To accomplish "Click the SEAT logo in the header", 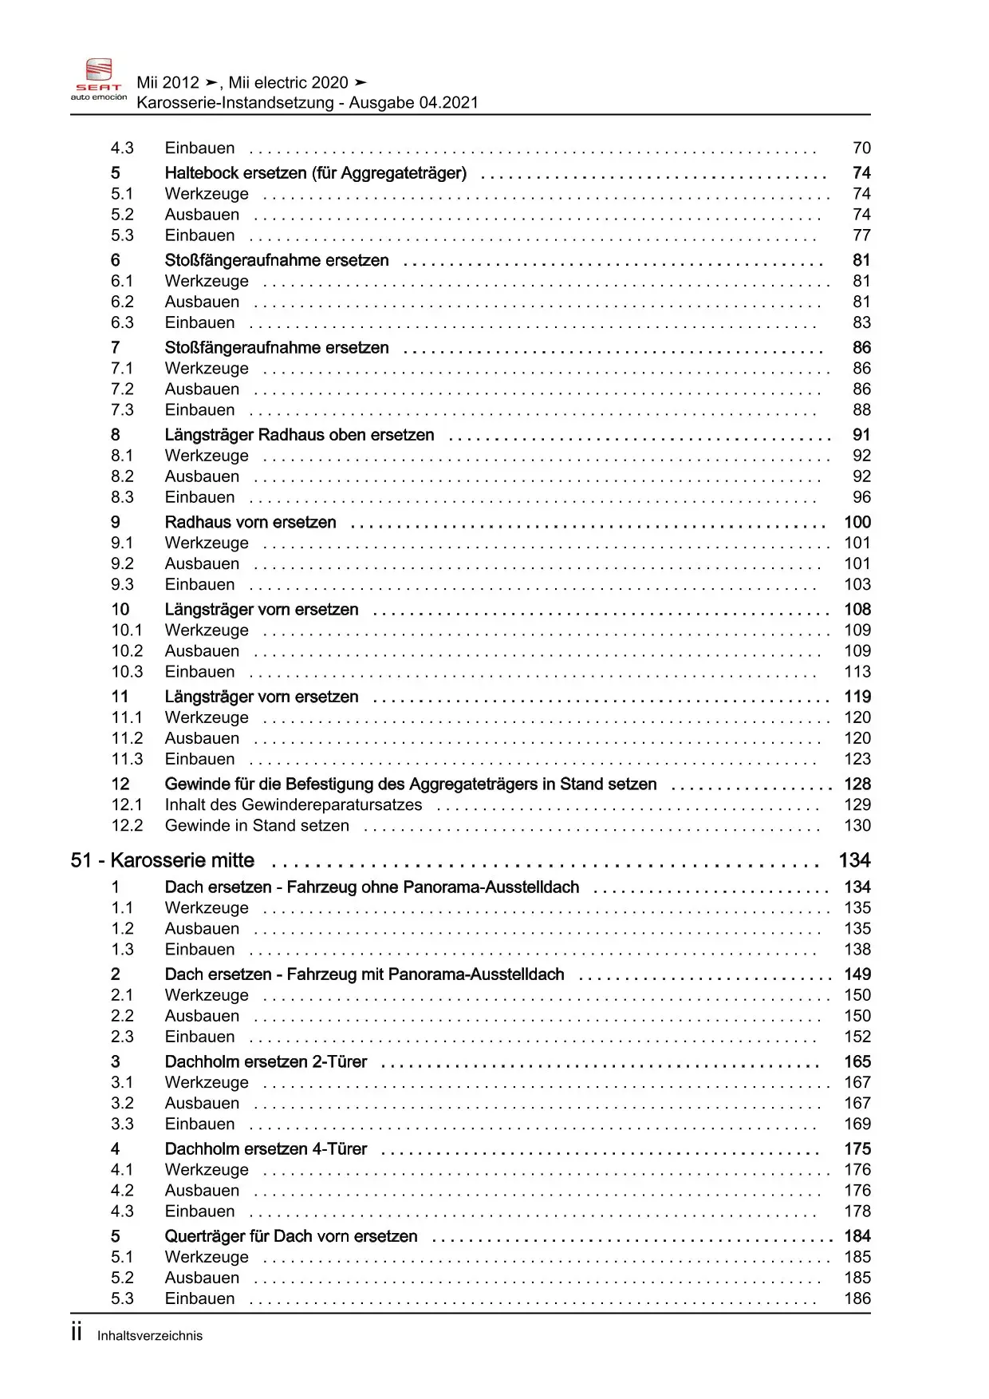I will [99, 80].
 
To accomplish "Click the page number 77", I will [861, 235].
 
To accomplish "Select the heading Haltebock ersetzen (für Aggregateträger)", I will [315, 173].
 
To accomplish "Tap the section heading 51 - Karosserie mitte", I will [163, 860].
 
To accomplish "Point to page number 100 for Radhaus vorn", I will [857, 522].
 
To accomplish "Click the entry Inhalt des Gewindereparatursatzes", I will [293, 804].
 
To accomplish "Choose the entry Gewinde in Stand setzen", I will [257, 825].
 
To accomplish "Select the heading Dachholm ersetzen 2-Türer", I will [266, 1061].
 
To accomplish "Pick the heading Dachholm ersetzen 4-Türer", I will [266, 1148].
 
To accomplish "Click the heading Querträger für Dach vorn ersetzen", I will [291, 1236].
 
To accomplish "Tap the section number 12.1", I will [127, 804].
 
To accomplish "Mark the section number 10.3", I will [127, 672].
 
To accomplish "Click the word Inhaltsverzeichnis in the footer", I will [150, 1336].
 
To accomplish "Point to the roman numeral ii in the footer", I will [77, 1333].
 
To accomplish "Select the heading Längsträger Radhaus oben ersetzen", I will [299, 435].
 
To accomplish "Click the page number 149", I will [857, 974].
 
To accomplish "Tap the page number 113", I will [857, 672].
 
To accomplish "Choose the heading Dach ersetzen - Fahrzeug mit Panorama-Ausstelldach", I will [364, 974].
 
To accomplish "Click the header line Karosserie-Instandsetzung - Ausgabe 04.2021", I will [307, 102].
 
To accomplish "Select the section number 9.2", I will [122, 563].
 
